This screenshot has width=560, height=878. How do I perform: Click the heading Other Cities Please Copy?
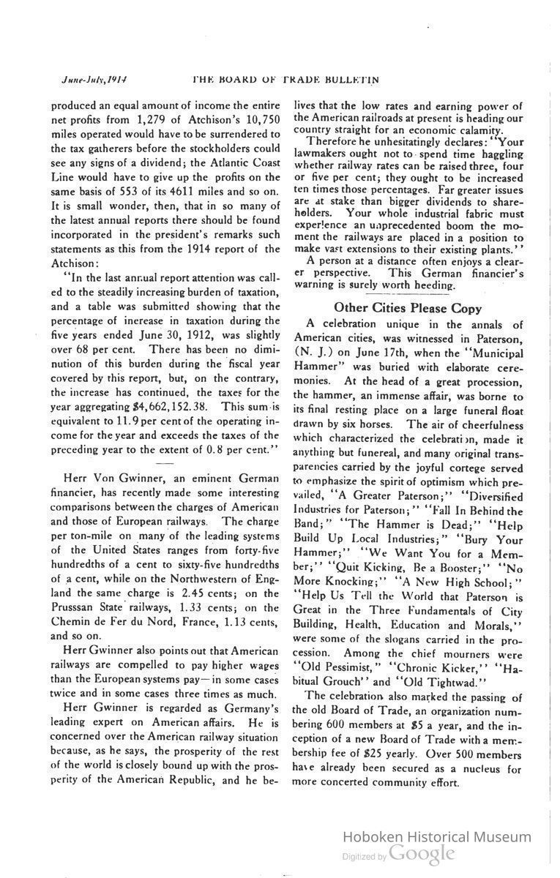click(x=408, y=308)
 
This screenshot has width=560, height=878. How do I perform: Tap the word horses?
click(x=378, y=424)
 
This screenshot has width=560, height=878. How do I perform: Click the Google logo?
click(x=422, y=853)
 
